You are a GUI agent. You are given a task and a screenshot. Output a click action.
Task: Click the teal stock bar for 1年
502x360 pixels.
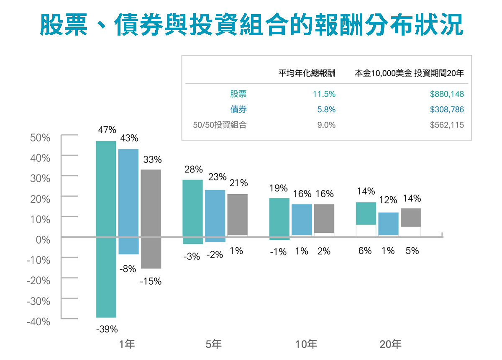pos(106,229)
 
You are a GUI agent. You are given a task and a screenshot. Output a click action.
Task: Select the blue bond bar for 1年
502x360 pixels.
pos(128,201)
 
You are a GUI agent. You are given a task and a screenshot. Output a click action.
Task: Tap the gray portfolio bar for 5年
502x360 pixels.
pos(237,215)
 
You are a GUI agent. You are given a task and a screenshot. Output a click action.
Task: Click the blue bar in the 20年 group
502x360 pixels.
pos(388,224)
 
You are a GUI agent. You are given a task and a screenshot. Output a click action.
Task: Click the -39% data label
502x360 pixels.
pos(107,329)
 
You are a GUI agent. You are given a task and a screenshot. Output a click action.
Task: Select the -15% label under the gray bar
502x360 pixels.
pos(151,281)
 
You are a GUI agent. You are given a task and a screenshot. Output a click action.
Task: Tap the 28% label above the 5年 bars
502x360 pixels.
pos(193,169)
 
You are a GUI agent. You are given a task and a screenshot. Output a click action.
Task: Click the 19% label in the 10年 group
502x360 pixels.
pos(279,188)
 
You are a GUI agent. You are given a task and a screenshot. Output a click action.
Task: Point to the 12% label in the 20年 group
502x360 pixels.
pos(388,201)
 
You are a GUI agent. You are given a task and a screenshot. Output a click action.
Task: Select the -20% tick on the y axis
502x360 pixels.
pos(38,280)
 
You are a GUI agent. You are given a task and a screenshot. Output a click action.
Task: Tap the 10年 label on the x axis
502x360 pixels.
pos(306,345)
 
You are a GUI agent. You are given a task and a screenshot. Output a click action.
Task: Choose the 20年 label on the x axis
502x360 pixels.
pos(390,345)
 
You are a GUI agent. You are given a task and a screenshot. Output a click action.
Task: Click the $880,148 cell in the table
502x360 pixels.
pos(447,94)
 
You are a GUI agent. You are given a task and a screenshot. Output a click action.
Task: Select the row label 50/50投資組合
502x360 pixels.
pos(220,125)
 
